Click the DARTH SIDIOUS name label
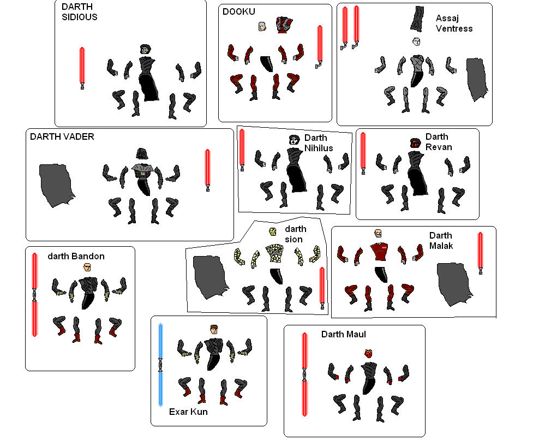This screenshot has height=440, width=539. (x=80, y=12)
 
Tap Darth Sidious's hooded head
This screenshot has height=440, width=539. (x=145, y=50)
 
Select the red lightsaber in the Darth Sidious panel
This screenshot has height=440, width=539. (x=82, y=68)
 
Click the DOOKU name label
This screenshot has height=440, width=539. (x=239, y=11)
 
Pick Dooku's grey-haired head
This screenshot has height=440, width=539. (x=262, y=27)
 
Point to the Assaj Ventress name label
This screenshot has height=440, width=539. (x=454, y=23)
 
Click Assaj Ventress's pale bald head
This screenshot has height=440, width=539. (x=416, y=41)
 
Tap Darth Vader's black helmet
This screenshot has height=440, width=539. (x=141, y=154)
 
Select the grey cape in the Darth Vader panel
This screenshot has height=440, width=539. (x=56, y=186)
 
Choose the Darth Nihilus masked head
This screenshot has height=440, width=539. (x=294, y=140)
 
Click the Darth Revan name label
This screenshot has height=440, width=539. (x=439, y=142)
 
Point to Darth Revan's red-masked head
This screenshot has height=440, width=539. (x=415, y=143)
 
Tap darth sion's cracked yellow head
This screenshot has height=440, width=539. (x=273, y=231)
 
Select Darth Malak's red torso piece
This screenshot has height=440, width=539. (x=380, y=252)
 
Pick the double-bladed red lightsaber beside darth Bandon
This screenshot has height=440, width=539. (x=34, y=295)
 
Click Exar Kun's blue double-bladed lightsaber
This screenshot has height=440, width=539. (x=160, y=365)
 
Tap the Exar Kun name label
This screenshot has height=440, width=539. (x=188, y=412)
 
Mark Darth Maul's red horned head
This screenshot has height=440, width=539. (x=368, y=353)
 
